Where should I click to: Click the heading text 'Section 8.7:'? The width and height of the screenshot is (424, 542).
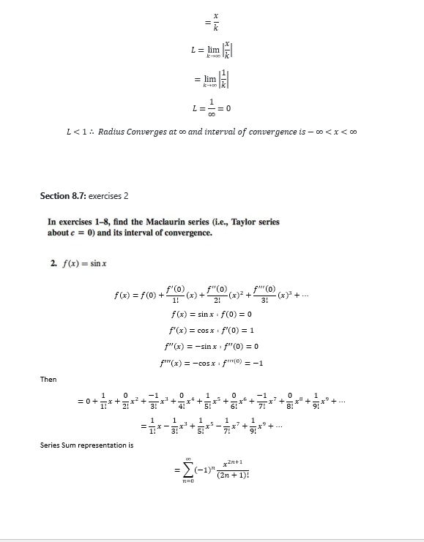pyautogui.click(x=63, y=196)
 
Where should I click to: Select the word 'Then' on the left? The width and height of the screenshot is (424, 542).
pyautogui.click(x=48, y=379)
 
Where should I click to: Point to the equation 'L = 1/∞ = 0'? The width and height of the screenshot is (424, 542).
pyautogui.click(x=209, y=108)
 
